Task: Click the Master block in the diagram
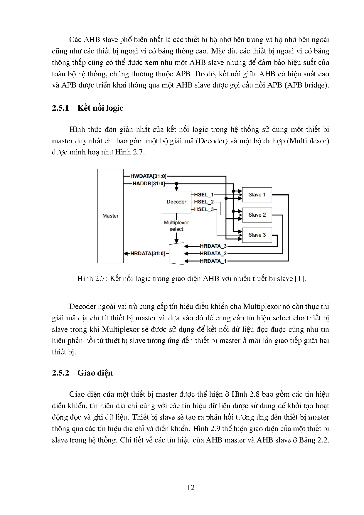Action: (x=110, y=216)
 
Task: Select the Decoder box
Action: (x=176, y=202)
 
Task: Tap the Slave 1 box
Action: (x=257, y=195)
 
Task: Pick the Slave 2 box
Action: (x=257, y=215)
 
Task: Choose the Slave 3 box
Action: (x=257, y=235)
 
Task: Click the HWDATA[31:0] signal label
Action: (x=149, y=176)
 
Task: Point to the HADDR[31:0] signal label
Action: (x=149, y=184)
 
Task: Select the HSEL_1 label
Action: (x=204, y=195)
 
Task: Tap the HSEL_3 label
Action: (x=204, y=209)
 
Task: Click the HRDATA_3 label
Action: (x=213, y=246)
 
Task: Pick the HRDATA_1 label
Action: (x=213, y=261)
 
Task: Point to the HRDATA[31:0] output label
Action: (x=148, y=253)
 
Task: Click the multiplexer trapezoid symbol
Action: (x=176, y=253)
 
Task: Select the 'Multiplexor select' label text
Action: (x=176, y=226)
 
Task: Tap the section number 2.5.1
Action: (x=60, y=108)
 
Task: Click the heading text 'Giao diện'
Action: (x=95, y=373)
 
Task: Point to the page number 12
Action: (x=191, y=488)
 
